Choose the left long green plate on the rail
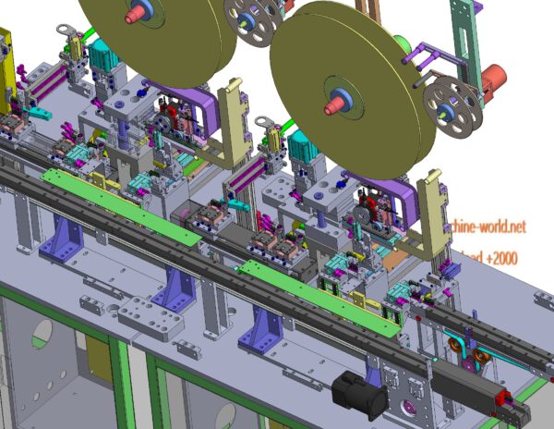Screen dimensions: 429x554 120,206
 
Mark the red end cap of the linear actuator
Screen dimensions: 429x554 505,399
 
